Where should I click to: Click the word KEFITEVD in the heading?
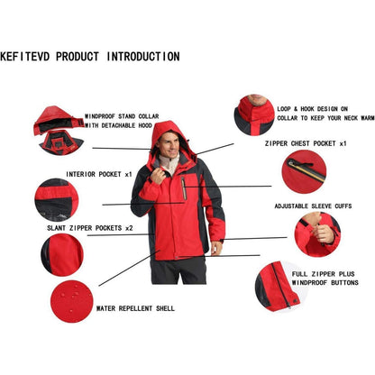pos(26,56)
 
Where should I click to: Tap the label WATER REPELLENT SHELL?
pos(135,307)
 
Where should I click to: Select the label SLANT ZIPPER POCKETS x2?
pos(90,228)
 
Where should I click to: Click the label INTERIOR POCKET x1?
pos(98,174)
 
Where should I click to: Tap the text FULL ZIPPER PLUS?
pos(319,271)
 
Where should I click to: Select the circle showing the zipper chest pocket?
pos(303,171)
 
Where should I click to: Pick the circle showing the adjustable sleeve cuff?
pos(317,234)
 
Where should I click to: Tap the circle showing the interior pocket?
pos(57,199)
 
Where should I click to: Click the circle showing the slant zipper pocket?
pos(61,254)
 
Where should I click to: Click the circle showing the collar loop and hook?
pos(254,114)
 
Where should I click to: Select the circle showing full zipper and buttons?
pos(274,286)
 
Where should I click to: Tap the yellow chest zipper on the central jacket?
pos(184,187)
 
